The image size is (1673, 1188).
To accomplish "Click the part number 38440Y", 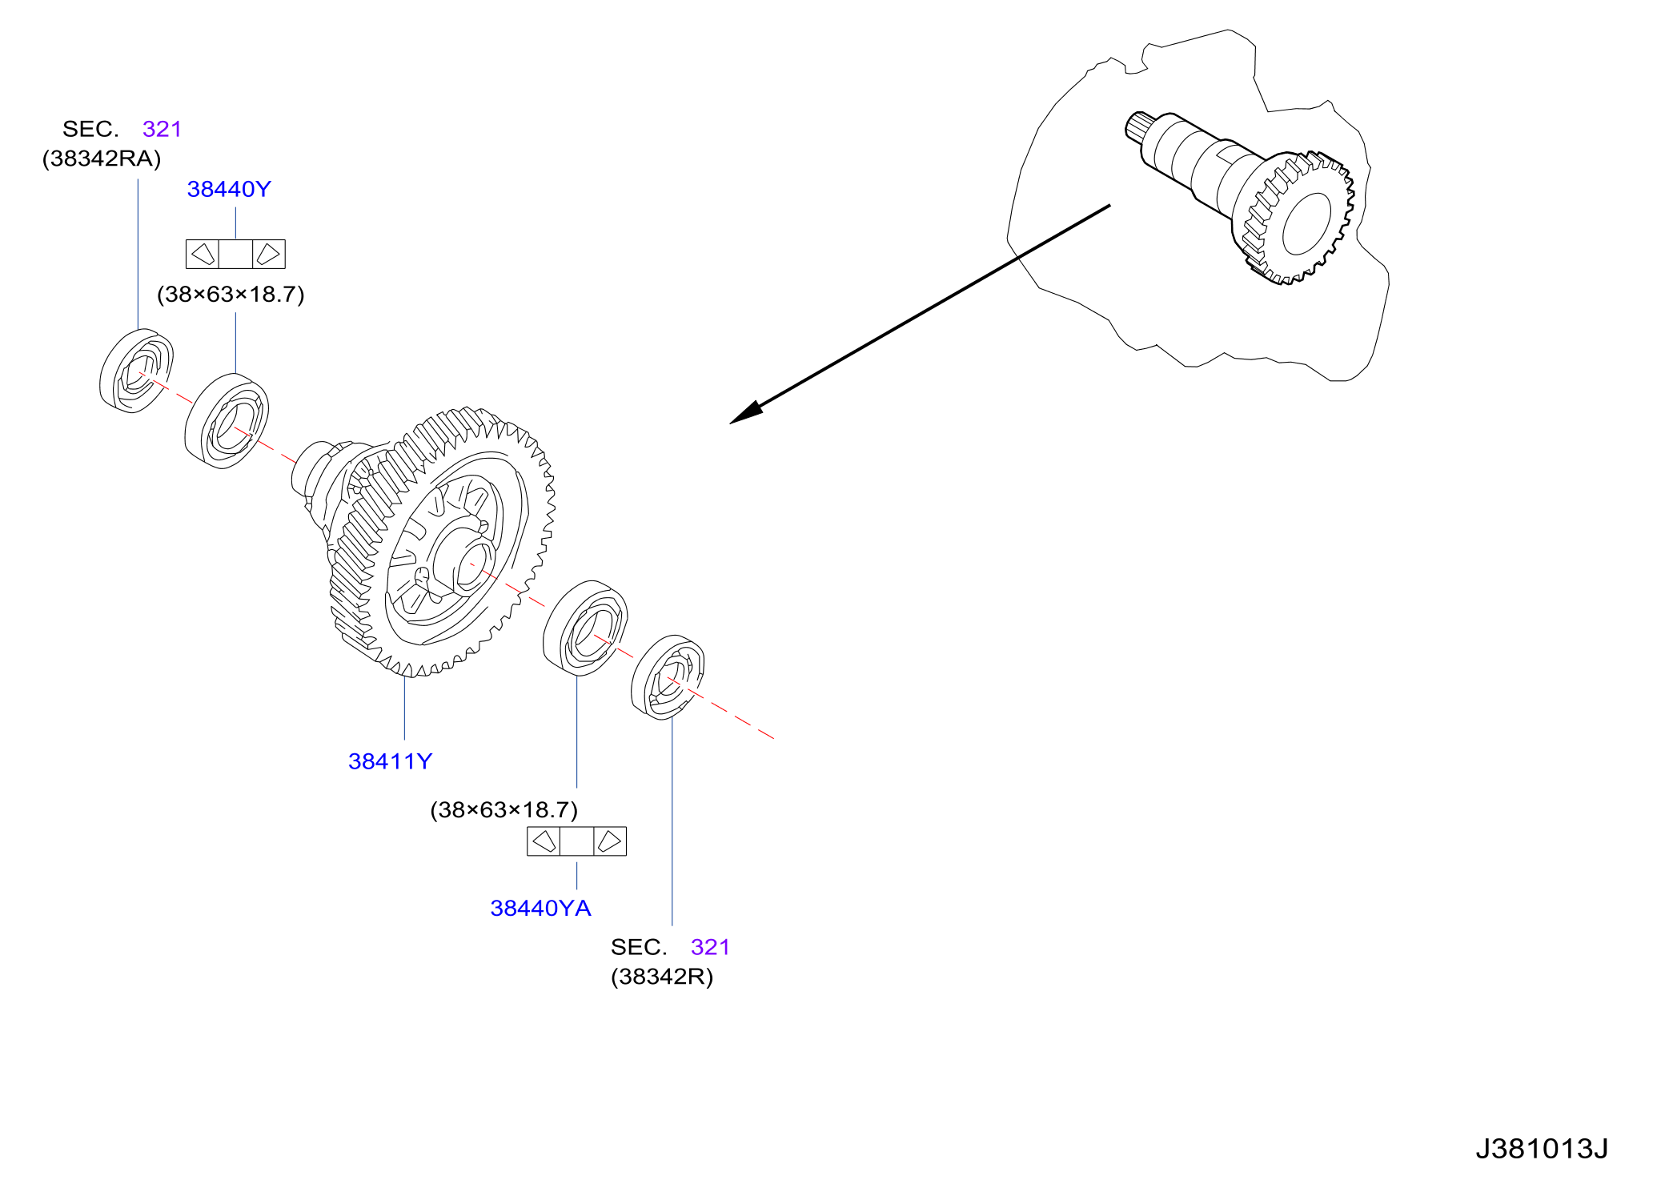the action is (229, 189).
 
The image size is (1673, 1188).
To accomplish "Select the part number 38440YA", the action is (540, 908).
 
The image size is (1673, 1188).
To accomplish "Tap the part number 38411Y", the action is (390, 761).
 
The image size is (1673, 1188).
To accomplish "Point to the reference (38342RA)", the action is (102, 159).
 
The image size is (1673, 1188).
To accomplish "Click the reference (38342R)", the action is (662, 977).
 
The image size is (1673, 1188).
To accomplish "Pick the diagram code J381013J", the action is (1542, 1149).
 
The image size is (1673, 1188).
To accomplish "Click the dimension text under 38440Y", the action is (231, 295).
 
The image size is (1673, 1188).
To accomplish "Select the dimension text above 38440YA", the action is (504, 810).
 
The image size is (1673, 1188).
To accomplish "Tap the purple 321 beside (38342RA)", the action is (162, 129).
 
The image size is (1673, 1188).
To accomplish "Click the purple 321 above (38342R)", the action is (710, 947).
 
